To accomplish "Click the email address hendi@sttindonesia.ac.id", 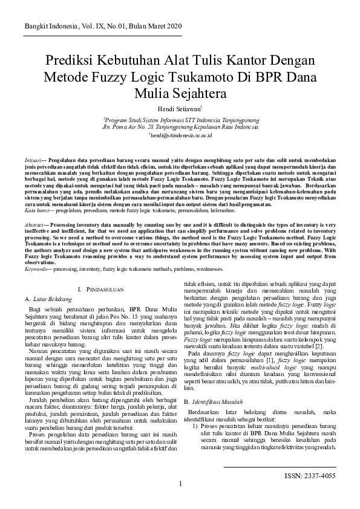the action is coord(180,136).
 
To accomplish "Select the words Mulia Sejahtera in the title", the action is coord(180,94).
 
